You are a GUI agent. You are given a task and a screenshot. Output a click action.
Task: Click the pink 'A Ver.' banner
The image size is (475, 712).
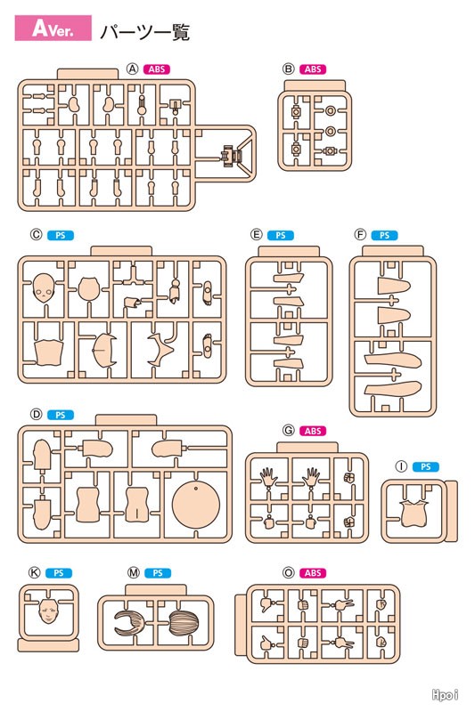(53, 28)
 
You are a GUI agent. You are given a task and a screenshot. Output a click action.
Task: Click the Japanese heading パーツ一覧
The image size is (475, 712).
(144, 32)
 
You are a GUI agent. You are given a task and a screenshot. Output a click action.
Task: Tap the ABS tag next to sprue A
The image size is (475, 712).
(157, 69)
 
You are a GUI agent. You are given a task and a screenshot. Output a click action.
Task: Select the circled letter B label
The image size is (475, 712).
(288, 69)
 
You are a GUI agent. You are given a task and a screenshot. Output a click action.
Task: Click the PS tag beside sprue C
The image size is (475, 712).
(61, 235)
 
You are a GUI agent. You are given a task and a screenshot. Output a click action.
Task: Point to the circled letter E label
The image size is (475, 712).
(257, 235)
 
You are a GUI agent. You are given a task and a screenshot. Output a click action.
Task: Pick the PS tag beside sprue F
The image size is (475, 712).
(385, 235)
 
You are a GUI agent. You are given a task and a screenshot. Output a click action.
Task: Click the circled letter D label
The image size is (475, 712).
(36, 414)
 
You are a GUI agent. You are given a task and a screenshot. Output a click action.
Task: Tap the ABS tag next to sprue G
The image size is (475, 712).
(313, 431)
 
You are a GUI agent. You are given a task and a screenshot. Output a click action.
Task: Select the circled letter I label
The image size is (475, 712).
(401, 466)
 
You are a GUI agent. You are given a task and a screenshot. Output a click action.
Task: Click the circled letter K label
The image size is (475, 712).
(35, 572)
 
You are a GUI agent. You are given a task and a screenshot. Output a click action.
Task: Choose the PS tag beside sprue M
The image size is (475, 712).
(158, 573)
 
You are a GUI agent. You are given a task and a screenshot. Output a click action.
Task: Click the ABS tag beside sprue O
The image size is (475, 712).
(313, 573)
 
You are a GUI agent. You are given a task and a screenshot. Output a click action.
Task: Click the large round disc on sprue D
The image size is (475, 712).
(196, 505)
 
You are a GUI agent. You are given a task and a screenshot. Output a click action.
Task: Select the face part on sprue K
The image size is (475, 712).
(49, 611)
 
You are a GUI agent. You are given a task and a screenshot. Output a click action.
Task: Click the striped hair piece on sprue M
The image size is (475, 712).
(184, 623)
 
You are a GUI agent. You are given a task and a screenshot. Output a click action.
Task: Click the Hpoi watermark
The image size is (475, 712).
(445, 695)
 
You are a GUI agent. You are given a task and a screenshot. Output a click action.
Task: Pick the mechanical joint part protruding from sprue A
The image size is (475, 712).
(233, 157)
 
